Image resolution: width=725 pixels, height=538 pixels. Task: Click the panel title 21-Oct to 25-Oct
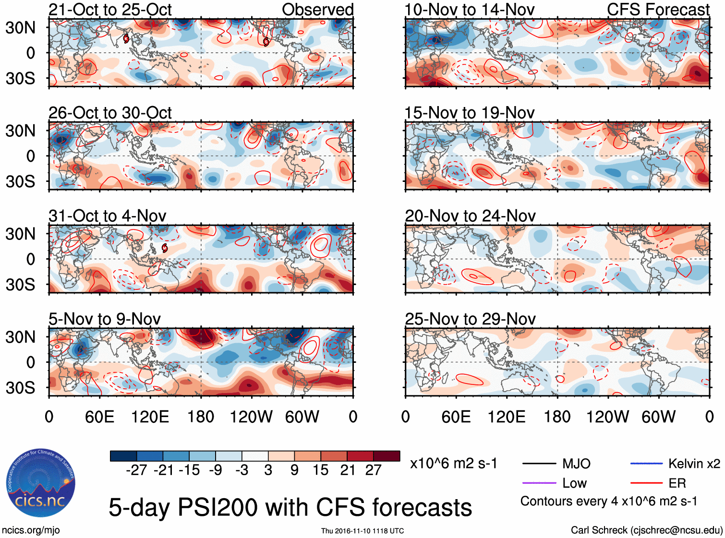110,10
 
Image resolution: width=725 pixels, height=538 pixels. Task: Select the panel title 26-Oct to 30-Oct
110,113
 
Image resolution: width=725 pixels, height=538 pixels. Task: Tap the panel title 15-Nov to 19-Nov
469,113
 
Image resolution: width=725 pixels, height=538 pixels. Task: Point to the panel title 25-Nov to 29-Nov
470,319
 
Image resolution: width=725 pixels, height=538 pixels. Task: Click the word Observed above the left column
317,10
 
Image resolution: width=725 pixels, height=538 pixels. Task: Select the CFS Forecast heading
658,10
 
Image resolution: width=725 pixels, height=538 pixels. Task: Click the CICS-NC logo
40,483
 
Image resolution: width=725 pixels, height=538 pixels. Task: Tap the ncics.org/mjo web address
31,530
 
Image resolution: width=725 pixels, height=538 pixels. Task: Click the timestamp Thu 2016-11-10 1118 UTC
362,531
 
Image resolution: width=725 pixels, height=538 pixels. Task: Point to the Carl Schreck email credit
646,530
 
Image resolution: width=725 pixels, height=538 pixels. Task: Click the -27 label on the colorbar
136,470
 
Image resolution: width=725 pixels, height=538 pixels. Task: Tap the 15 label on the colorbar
320,470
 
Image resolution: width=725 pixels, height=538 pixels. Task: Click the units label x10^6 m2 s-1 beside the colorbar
453,464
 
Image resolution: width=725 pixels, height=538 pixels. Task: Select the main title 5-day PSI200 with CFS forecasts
290,507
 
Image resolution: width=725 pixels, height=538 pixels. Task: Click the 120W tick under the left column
251,417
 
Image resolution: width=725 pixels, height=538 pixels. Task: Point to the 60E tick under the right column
456,417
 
